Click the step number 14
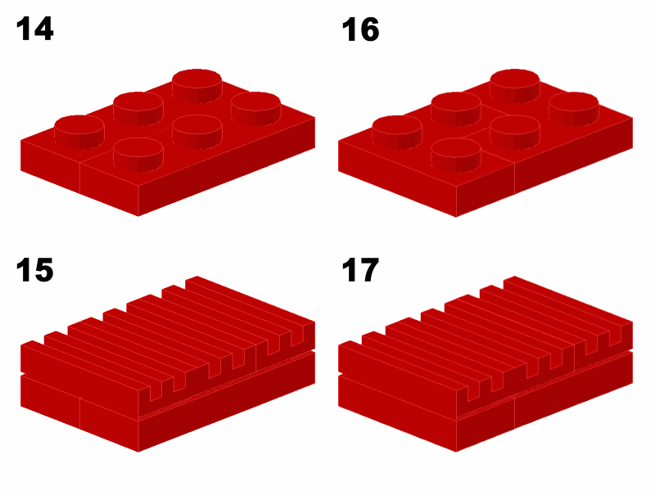[34, 29]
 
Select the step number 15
[34, 270]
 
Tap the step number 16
[360, 29]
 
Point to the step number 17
[360, 270]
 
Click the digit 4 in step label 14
[43, 29]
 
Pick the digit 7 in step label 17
[369, 270]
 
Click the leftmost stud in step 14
[79, 132]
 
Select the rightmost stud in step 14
[255, 109]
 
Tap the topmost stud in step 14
[196, 86]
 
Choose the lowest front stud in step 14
[138, 155]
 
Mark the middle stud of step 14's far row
[138, 109]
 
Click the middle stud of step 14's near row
[196, 132]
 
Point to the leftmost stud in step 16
[397, 132]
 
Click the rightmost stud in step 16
[574, 109]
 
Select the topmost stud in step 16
[515, 86]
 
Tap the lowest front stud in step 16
[456, 155]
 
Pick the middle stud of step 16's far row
[456, 109]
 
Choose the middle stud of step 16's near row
[515, 132]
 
